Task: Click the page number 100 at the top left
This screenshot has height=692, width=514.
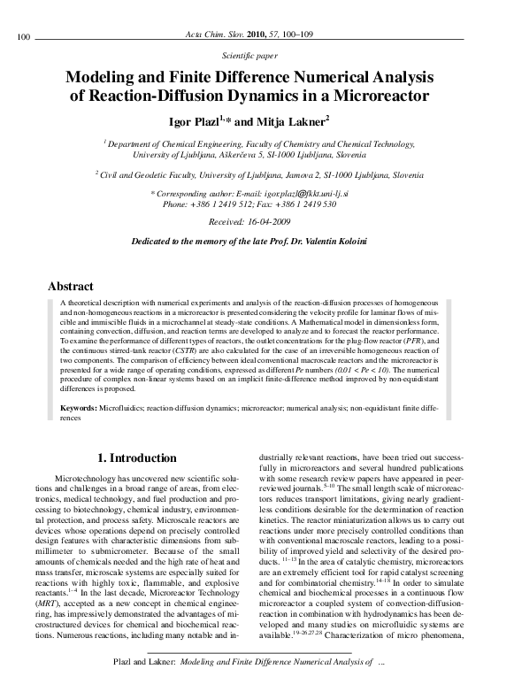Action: [x=24, y=36]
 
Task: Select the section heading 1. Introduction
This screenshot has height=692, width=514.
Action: [x=137, y=457]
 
